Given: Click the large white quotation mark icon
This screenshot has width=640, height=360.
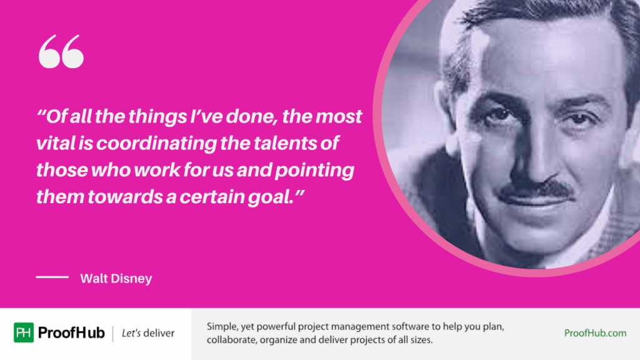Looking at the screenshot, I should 61,52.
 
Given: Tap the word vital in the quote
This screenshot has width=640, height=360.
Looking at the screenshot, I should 55,144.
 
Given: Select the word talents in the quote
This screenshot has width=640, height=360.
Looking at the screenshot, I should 286,144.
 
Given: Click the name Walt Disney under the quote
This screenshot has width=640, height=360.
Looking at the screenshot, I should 116,279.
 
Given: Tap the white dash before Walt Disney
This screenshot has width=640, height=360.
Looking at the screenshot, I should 52,277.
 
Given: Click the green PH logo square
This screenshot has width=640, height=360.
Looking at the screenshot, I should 24,332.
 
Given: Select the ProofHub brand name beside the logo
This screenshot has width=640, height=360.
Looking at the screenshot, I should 71,332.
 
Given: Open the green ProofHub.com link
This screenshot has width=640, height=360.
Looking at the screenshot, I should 595,333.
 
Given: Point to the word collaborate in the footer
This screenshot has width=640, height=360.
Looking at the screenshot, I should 232,341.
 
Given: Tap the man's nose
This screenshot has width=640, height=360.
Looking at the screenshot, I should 537,156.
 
